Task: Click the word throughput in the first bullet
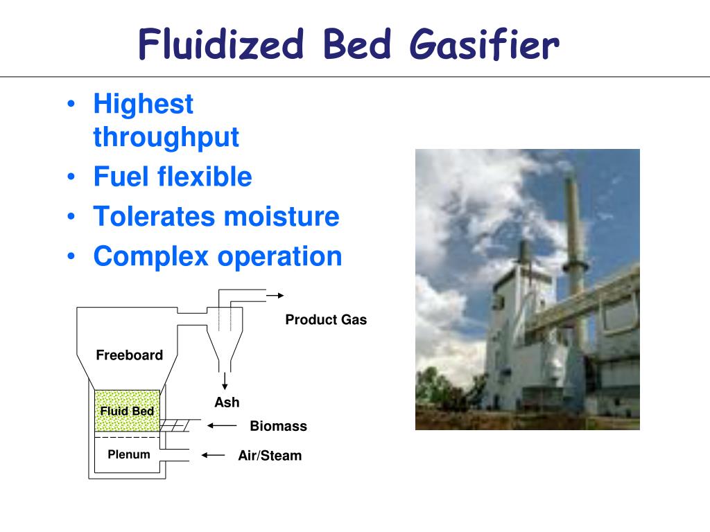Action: tap(166, 137)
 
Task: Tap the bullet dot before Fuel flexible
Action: tap(72, 177)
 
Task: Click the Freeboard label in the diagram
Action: tap(129, 355)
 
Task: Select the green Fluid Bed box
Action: tap(127, 411)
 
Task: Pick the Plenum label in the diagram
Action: tap(128, 454)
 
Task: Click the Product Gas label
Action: tap(326, 320)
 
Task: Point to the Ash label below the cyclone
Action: tap(227, 402)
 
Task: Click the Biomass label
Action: tap(278, 426)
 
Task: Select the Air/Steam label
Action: tap(270, 456)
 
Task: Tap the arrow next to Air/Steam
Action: tap(214, 455)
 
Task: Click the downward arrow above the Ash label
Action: tap(225, 381)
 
